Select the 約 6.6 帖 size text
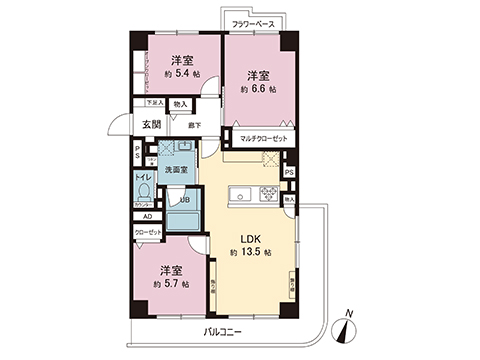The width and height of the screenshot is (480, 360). coord(257,88)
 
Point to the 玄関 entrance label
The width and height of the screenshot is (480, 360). coord(151,124)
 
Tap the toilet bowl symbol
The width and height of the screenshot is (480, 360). coord(144,193)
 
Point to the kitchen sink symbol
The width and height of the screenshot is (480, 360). coord(239,193)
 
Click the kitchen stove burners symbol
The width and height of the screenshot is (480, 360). coord(269,193)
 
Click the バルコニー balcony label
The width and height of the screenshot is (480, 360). coord(224,329)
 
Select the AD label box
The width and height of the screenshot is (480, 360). coord(147,216)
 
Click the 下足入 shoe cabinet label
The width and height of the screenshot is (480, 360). coord(155,102)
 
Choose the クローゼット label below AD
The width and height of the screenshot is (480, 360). coord(148,233)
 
